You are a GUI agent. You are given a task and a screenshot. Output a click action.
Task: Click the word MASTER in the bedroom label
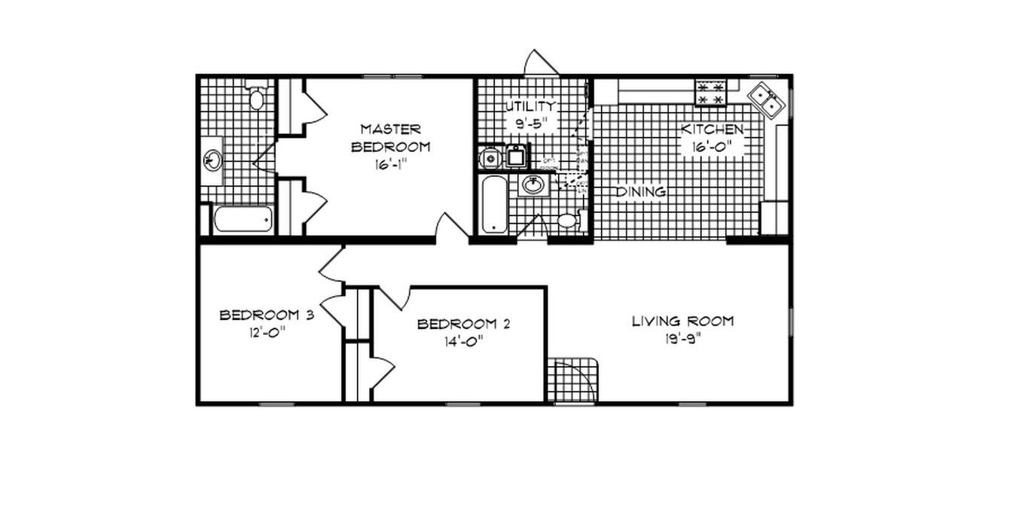[390, 130]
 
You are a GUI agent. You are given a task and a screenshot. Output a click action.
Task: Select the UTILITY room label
[531, 106]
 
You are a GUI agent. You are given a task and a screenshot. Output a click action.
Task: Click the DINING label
[641, 192]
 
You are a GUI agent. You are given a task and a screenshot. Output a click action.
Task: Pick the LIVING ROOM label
[682, 322]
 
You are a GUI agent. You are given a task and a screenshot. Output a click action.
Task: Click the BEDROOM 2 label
[464, 325]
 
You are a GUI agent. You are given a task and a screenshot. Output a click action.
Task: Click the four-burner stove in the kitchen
[710, 93]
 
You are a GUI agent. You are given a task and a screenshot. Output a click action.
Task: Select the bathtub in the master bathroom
[243, 220]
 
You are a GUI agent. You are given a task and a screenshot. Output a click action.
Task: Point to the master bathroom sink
[213, 160]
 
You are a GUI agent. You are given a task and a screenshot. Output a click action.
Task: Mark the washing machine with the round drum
[490, 158]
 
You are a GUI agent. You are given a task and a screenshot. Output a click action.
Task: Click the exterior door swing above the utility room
[541, 63]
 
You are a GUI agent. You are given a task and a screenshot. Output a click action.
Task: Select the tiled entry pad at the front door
[575, 381]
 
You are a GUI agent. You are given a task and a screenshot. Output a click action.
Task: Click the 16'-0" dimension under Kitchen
[712, 147]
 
